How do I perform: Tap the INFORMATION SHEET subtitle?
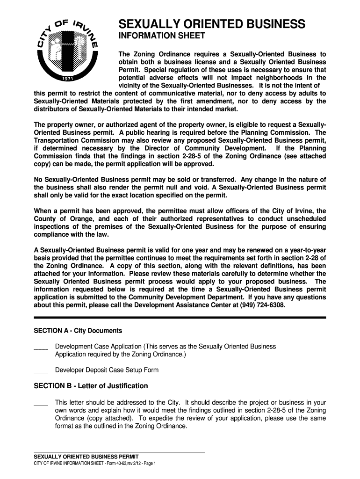tap(161, 36)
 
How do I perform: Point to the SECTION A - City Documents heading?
tap(78, 331)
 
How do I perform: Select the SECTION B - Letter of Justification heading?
tap(91, 386)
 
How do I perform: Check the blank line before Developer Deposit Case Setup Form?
tap(41, 371)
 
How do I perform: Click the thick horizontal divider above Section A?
tap(180, 318)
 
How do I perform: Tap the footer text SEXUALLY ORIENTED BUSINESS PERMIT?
tap(86, 457)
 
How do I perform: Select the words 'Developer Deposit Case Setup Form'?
tap(107, 370)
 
